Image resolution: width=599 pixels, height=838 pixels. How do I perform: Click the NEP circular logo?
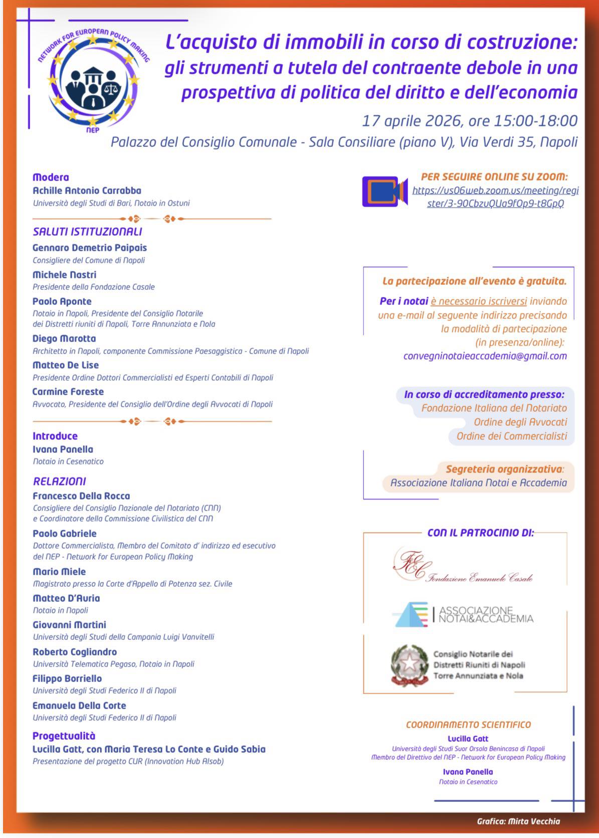tap(94, 79)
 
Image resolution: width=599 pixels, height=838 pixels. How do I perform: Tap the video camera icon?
tap(384, 191)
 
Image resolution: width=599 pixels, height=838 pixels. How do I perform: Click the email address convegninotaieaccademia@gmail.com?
tap(485, 356)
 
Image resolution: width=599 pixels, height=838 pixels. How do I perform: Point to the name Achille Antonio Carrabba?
tap(87, 191)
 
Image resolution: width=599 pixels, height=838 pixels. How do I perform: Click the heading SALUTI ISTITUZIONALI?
tap(87, 232)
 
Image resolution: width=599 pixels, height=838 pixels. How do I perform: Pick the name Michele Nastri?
tap(64, 275)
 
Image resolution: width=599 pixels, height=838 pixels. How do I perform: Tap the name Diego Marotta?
tap(64, 339)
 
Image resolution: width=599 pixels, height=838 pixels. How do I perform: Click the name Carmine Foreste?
tap(68, 392)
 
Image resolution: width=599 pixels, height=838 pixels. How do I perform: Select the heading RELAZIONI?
tap(59, 481)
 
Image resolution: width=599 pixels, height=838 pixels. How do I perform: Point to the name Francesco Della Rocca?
tap(81, 496)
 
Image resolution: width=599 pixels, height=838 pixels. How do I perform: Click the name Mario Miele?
tap(59, 572)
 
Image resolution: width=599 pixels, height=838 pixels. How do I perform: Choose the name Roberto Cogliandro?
tap(75, 652)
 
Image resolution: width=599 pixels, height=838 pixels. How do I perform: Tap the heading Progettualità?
tap(64, 736)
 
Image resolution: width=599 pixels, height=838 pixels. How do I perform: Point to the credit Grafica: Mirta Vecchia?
tap(518, 821)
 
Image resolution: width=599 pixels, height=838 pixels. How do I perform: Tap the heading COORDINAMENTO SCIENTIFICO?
tap(468, 725)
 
